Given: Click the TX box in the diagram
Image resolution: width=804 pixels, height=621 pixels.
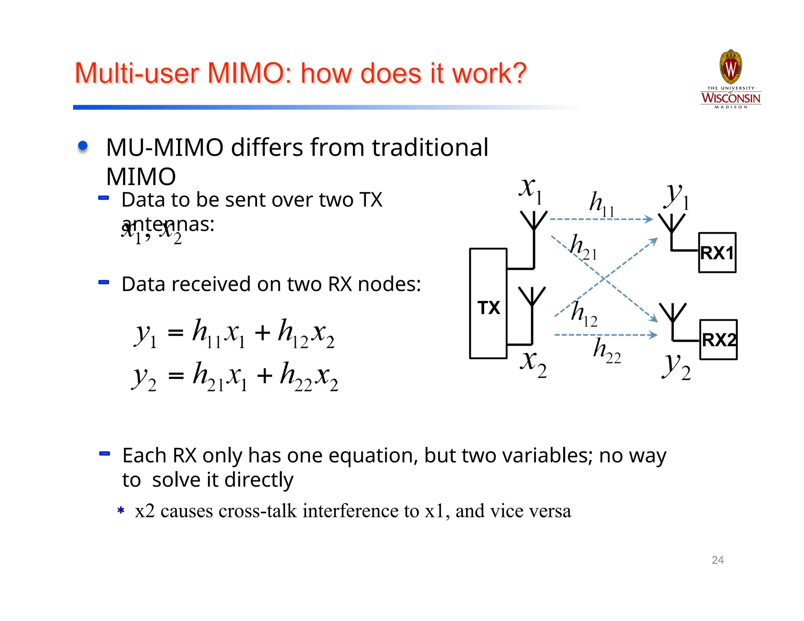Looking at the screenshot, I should [488, 303].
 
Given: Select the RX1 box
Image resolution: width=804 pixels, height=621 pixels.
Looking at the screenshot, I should [717, 252].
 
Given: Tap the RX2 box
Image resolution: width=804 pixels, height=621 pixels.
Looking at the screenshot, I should [718, 340].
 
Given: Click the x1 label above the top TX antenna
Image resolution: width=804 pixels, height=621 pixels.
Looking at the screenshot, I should [530, 190].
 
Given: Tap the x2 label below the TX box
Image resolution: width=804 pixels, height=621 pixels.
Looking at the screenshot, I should [533, 363].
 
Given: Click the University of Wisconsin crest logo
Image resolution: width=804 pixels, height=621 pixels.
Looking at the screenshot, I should [731, 67].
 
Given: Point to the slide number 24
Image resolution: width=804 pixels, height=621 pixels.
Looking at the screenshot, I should [717, 560].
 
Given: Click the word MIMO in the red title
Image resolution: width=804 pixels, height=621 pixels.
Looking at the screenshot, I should [249, 73].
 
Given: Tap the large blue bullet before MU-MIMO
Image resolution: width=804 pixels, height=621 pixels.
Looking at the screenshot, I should [83, 146].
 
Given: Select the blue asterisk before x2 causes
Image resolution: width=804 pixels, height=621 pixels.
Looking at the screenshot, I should [121, 510].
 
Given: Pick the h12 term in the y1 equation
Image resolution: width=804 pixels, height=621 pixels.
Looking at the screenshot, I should [292, 333].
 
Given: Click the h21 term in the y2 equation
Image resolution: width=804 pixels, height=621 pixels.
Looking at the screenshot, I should [208, 376].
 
